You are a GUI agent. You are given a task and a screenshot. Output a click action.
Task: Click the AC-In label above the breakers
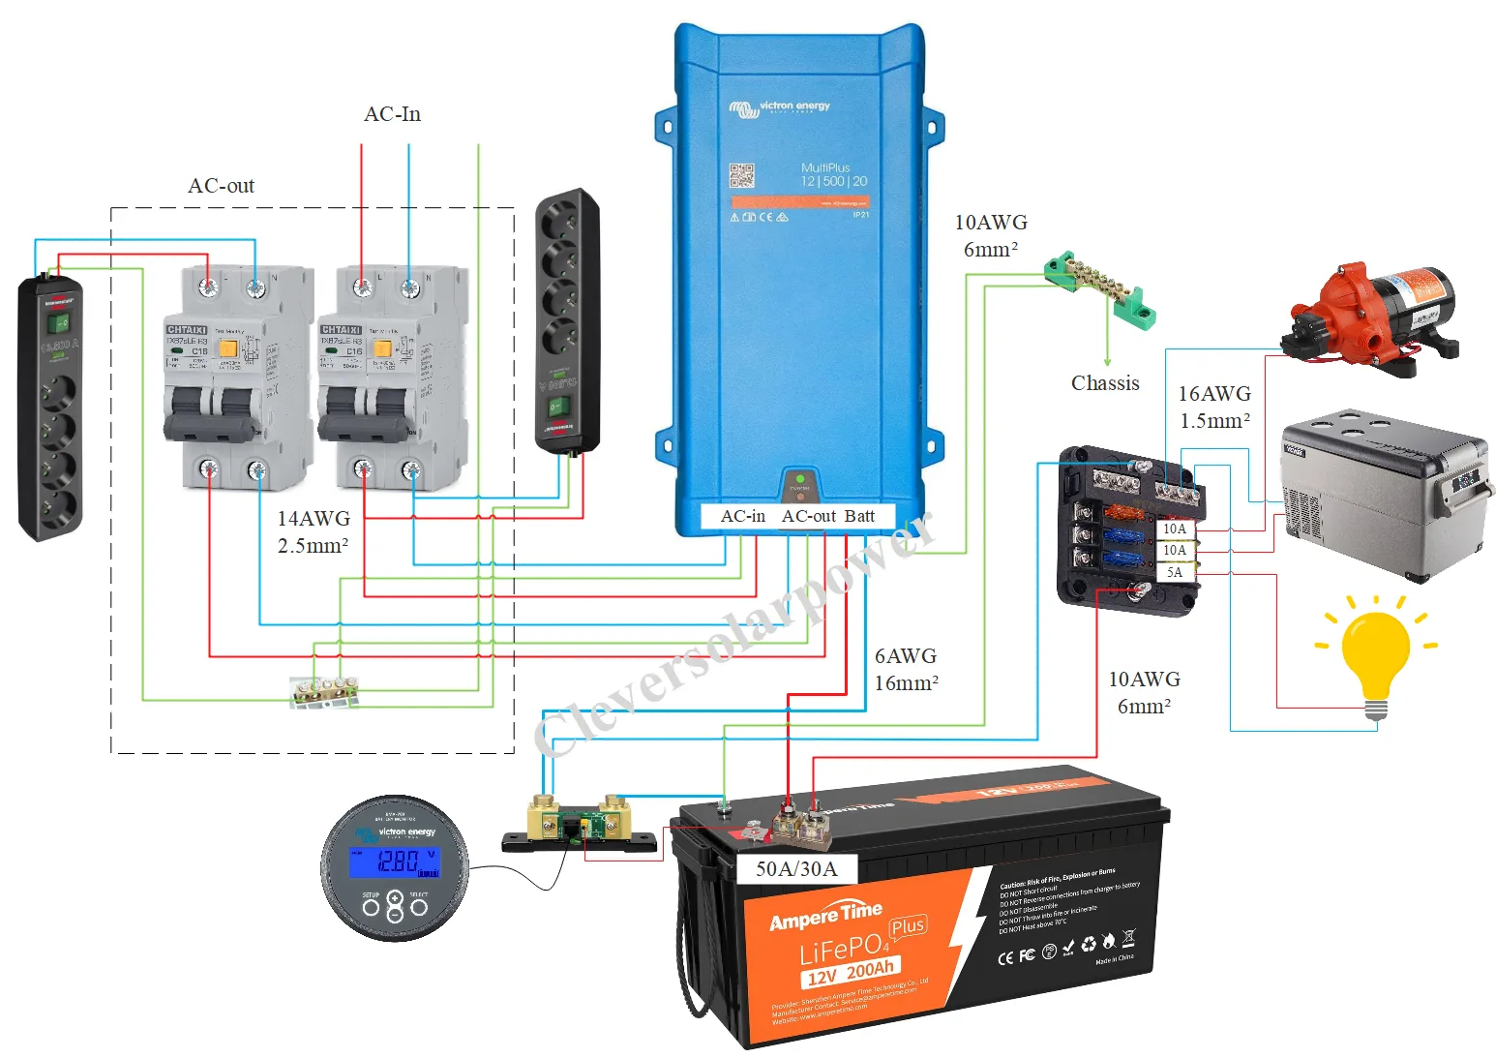pyautogui.click(x=392, y=114)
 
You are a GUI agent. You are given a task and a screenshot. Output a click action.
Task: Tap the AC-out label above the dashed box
pyautogui.click(x=221, y=186)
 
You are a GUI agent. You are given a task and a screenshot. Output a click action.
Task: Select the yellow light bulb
pyautogui.click(x=1375, y=653)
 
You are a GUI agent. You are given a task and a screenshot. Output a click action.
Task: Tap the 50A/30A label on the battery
pyautogui.click(x=796, y=869)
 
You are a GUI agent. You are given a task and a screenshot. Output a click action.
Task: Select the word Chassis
pyautogui.click(x=1105, y=383)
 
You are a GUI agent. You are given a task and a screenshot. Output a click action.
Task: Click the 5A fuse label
pyautogui.click(x=1174, y=572)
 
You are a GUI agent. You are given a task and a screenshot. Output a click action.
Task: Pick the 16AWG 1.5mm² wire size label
pyautogui.click(x=1214, y=408)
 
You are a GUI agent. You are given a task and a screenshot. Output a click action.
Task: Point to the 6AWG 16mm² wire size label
pyautogui.click(x=906, y=670)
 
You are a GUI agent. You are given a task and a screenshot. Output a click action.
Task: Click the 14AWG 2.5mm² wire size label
pyautogui.click(x=314, y=532)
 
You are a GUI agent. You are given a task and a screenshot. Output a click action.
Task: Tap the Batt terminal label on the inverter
pyautogui.click(x=859, y=517)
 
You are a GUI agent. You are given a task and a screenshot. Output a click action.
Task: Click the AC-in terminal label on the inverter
pyautogui.click(x=742, y=517)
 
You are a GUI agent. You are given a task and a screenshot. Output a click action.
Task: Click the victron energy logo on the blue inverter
pyautogui.click(x=780, y=108)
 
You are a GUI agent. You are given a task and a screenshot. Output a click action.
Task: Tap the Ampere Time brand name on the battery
pyautogui.click(x=825, y=915)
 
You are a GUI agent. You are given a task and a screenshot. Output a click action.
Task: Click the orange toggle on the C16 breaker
pyautogui.click(x=228, y=349)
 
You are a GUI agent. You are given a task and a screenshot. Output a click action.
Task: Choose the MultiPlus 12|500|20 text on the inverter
pyautogui.click(x=833, y=175)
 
